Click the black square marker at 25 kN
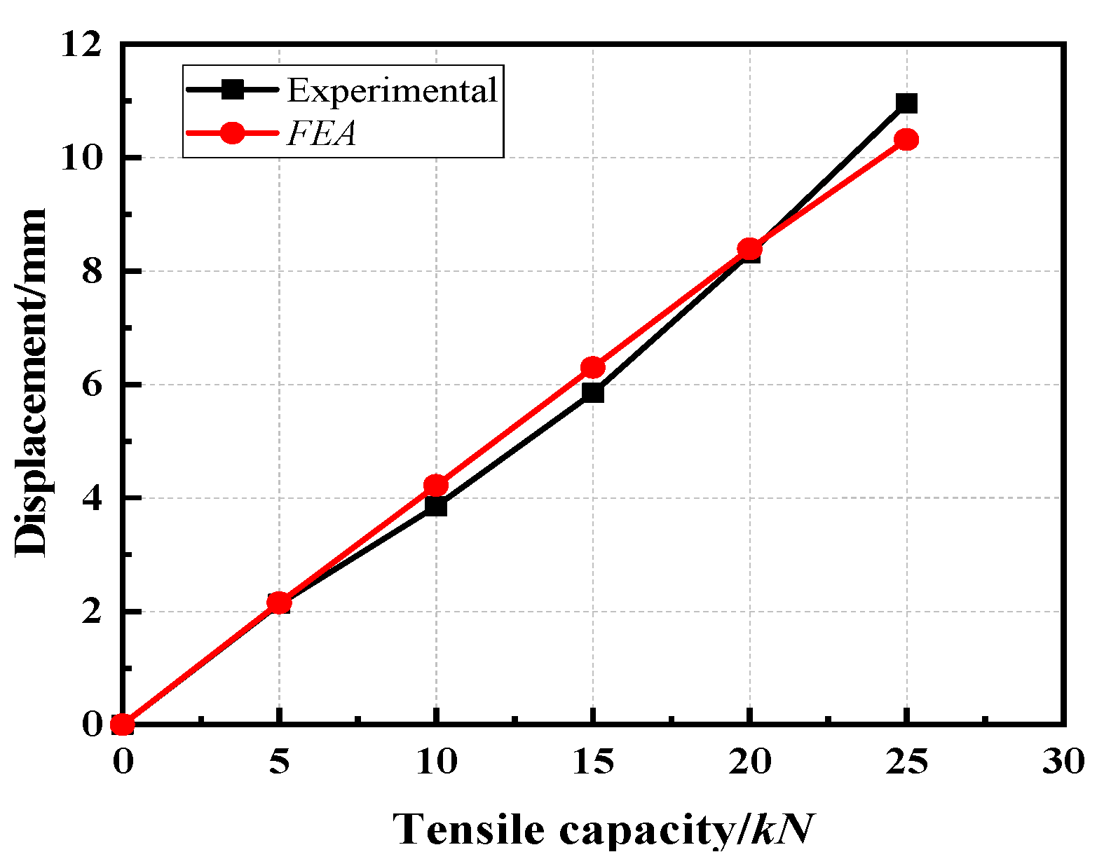tap(906, 104)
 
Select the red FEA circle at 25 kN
tap(906, 139)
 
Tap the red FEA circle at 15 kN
tap(593, 367)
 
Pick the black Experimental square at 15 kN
tap(593, 392)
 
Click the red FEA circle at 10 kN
tap(436, 485)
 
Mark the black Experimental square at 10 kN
tap(436, 506)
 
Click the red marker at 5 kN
tap(279, 602)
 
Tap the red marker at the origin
tap(123, 724)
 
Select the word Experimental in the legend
tap(392, 90)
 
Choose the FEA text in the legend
tap(322, 133)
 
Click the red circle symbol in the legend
tap(232, 133)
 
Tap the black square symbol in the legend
tap(232, 90)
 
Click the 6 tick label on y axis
tap(92, 385)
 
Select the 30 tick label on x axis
tap(1063, 762)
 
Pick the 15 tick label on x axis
tap(593, 762)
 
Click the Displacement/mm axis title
tap(31, 383)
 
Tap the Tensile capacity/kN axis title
tap(603, 830)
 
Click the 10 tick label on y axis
tap(80, 158)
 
